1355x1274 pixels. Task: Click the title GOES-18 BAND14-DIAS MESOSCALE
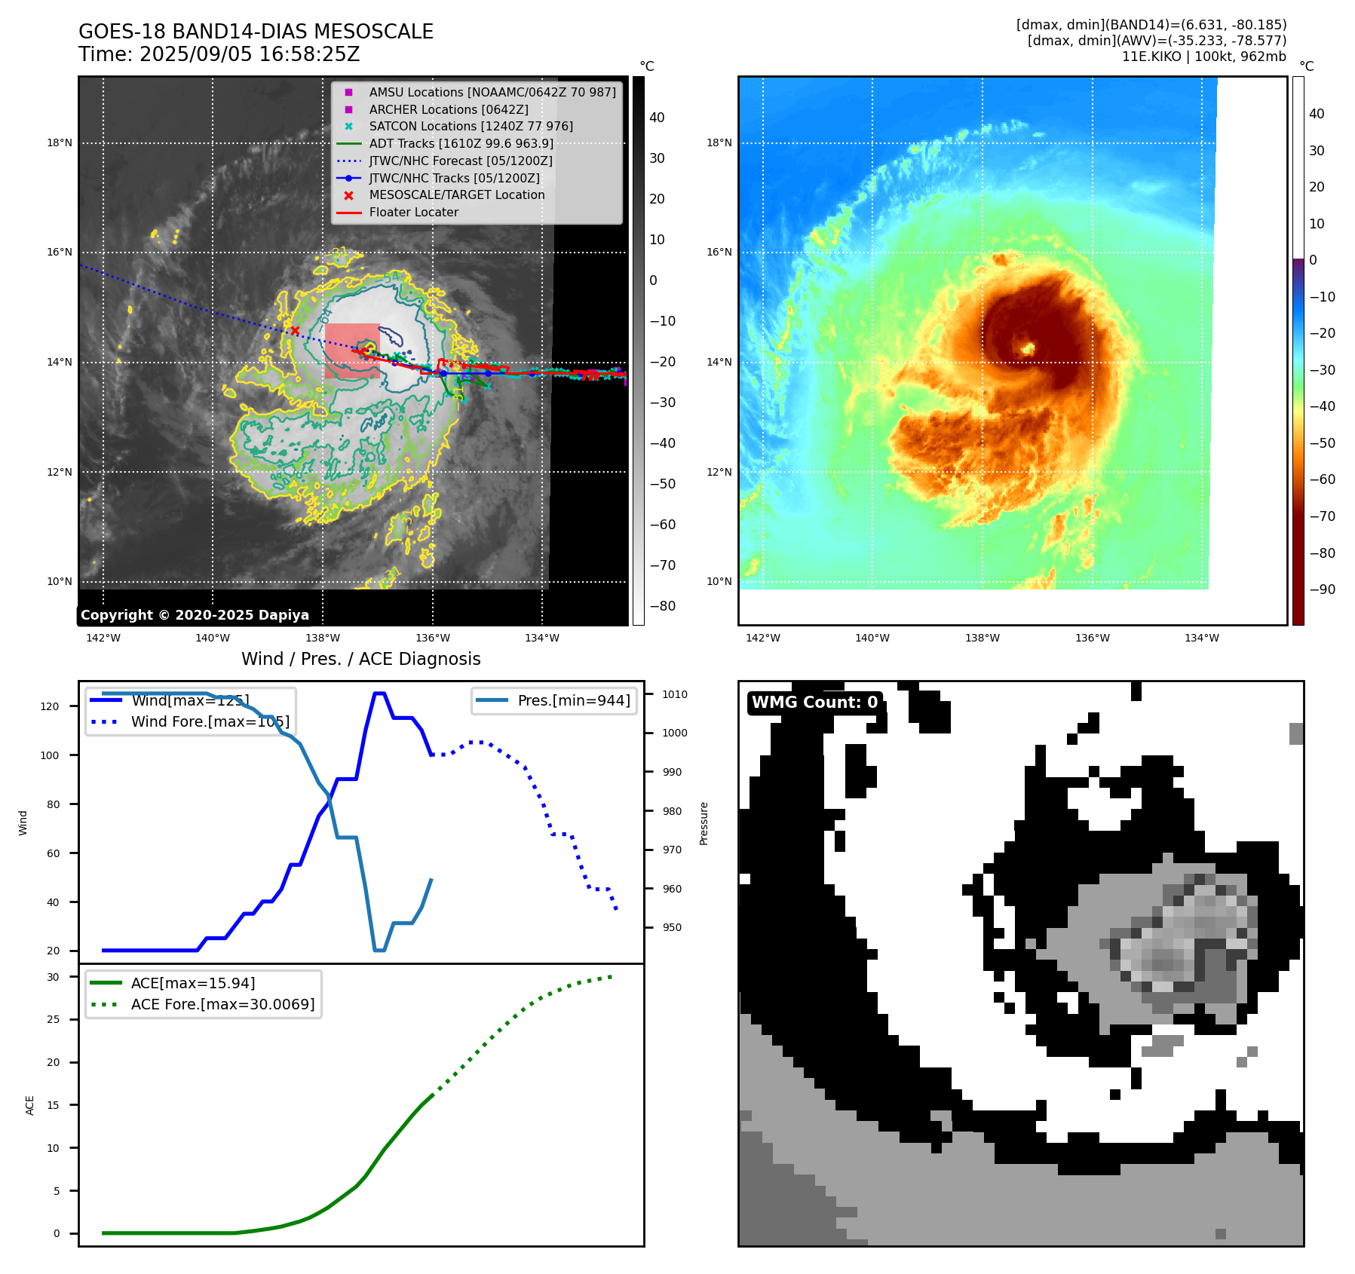(x=256, y=32)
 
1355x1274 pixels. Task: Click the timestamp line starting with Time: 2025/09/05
(x=219, y=54)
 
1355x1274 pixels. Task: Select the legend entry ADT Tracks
(x=461, y=143)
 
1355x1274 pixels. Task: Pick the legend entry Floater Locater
(x=413, y=212)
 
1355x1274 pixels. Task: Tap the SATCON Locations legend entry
(x=471, y=126)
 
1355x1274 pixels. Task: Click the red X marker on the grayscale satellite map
(x=295, y=330)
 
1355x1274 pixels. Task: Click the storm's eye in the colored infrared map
(x=1027, y=348)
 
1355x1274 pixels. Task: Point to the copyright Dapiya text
(x=195, y=615)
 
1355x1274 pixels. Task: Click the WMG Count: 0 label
(x=814, y=703)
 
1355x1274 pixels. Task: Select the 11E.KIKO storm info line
(x=1203, y=57)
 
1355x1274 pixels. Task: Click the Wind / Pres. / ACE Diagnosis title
(x=360, y=659)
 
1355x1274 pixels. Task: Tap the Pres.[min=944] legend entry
(x=573, y=700)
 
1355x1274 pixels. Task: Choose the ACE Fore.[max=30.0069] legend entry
(x=222, y=1004)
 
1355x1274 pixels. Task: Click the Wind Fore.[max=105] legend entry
(x=210, y=721)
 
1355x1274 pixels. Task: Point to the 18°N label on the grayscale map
(x=60, y=142)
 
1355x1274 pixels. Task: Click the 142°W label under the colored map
(x=762, y=638)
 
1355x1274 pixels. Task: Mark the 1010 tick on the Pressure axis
(x=675, y=694)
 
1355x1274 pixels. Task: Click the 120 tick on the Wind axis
(x=49, y=706)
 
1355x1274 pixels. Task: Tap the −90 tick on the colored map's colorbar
(x=1322, y=589)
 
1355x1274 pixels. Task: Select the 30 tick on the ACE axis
(x=53, y=977)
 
